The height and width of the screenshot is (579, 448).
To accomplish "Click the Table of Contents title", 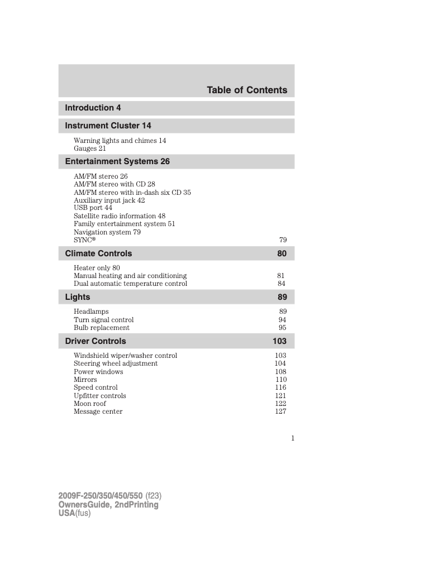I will pyautogui.click(x=247, y=90).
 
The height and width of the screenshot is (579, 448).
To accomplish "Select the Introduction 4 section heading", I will pyautogui.click(x=93, y=108).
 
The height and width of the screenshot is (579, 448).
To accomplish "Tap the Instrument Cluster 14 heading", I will pyautogui.click(x=108, y=126).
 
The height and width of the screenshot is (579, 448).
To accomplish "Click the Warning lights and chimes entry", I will pyautogui.click(x=120, y=141).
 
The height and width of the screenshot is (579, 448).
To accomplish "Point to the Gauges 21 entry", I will pyautogui.click(x=89, y=149).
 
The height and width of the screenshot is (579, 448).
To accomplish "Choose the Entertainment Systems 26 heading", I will pyautogui.click(x=117, y=161).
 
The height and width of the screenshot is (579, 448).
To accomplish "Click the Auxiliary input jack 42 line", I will pyautogui.click(x=109, y=200).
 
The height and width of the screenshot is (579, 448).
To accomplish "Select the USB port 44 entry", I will pyautogui.click(x=93, y=208).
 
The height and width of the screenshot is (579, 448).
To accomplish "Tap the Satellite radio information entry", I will pyautogui.click(x=120, y=216).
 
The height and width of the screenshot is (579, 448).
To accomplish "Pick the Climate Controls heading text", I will pyautogui.click(x=98, y=253).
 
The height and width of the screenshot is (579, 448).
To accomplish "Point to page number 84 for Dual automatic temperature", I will pyautogui.click(x=282, y=284).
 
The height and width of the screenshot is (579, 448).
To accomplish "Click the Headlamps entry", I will pyautogui.click(x=91, y=312).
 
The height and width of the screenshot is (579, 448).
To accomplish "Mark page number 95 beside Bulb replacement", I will pyautogui.click(x=282, y=328).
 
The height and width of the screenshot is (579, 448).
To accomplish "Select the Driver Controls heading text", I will pyautogui.click(x=96, y=341).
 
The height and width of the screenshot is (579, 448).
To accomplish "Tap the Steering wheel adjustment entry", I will pyautogui.click(x=116, y=363).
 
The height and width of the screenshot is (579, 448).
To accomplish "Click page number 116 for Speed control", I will pyautogui.click(x=280, y=387).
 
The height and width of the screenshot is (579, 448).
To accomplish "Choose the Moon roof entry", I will pyautogui.click(x=90, y=404).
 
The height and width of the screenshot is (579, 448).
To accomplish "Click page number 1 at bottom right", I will pyautogui.click(x=292, y=438).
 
